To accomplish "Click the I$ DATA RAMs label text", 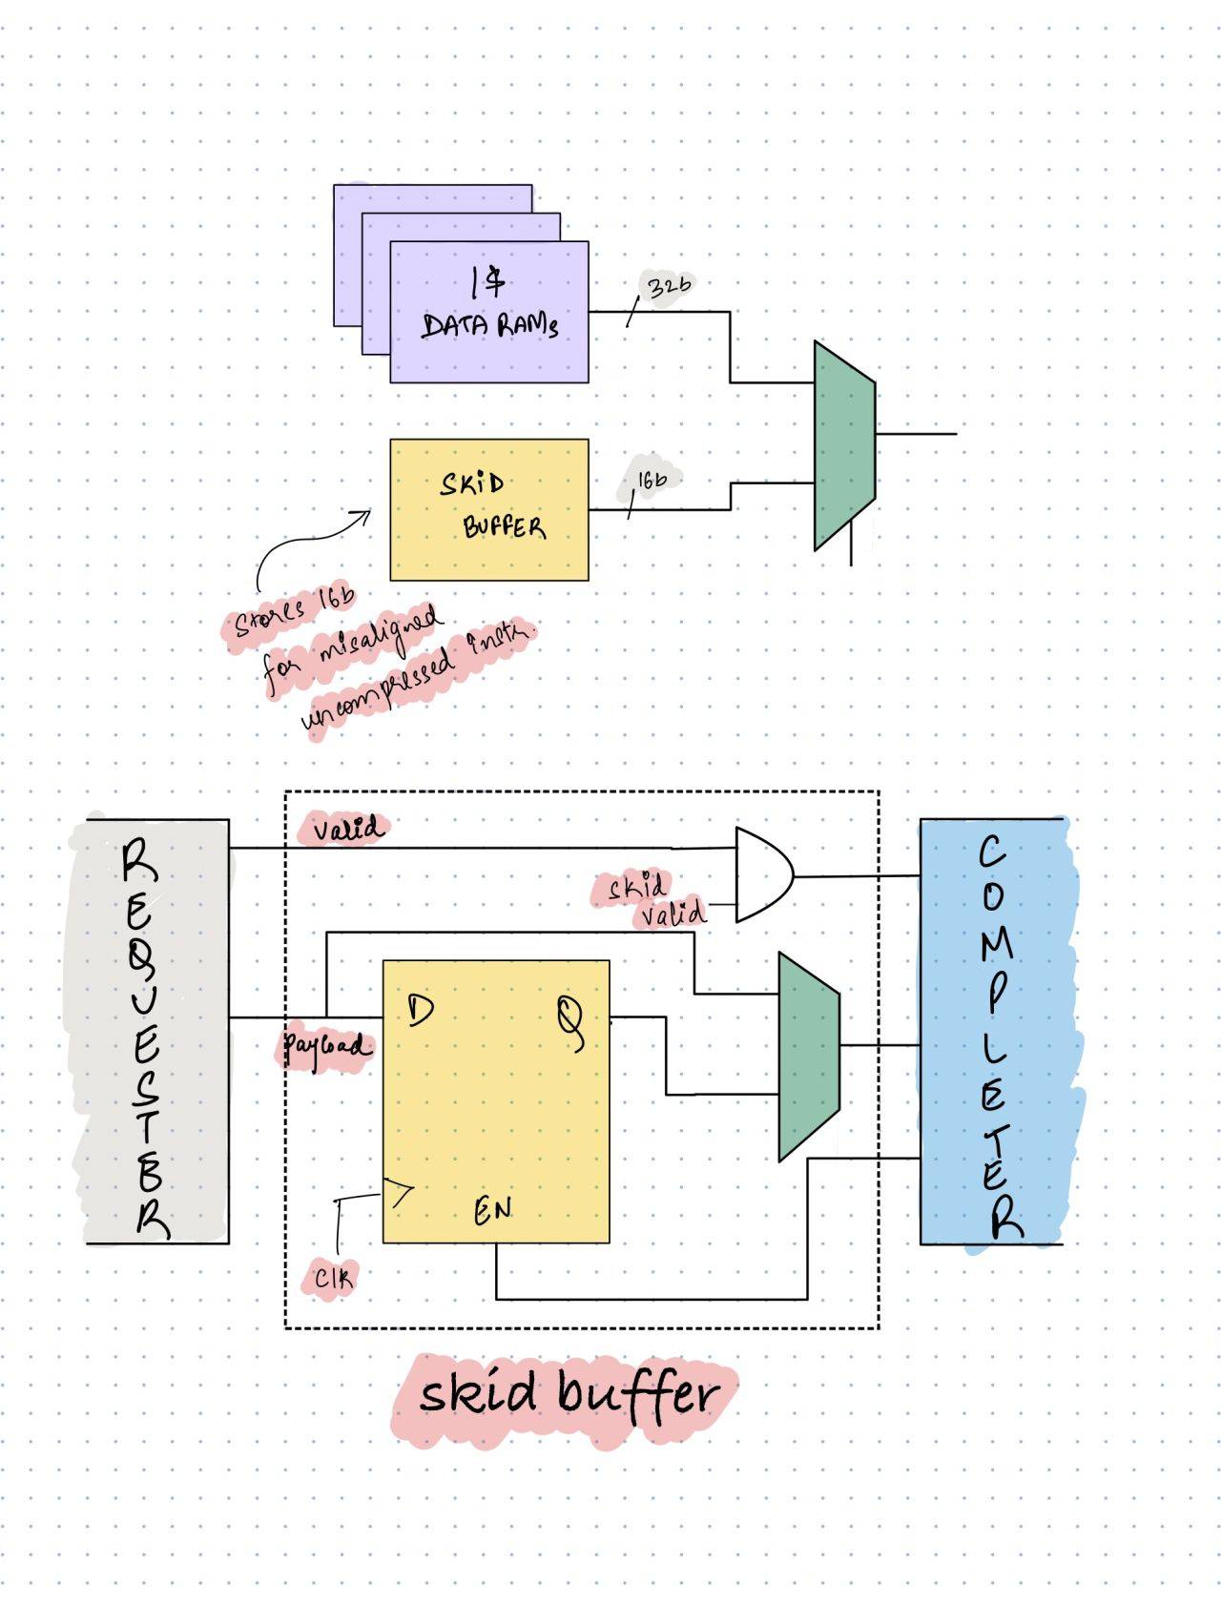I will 489,305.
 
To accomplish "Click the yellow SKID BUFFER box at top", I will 489,509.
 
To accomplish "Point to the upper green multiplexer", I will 844,445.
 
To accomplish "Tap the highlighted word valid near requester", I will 347,829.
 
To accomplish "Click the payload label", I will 324,1047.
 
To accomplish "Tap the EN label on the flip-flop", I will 493,1211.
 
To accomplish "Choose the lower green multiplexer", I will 809,1057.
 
